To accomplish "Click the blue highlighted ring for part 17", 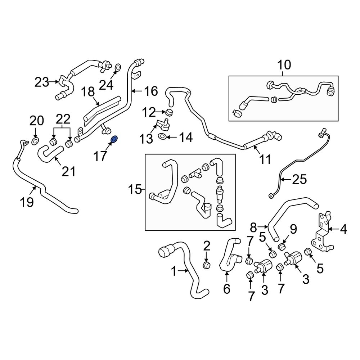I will tap(114, 139).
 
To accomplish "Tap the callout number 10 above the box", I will tap(284, 65).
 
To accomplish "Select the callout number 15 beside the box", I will tap(135, 189).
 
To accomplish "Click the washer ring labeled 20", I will tap(36, 140).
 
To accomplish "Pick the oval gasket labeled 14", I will tap(162, 136).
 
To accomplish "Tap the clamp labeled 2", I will tap(207, 265).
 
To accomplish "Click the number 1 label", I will tap(174, 271).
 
